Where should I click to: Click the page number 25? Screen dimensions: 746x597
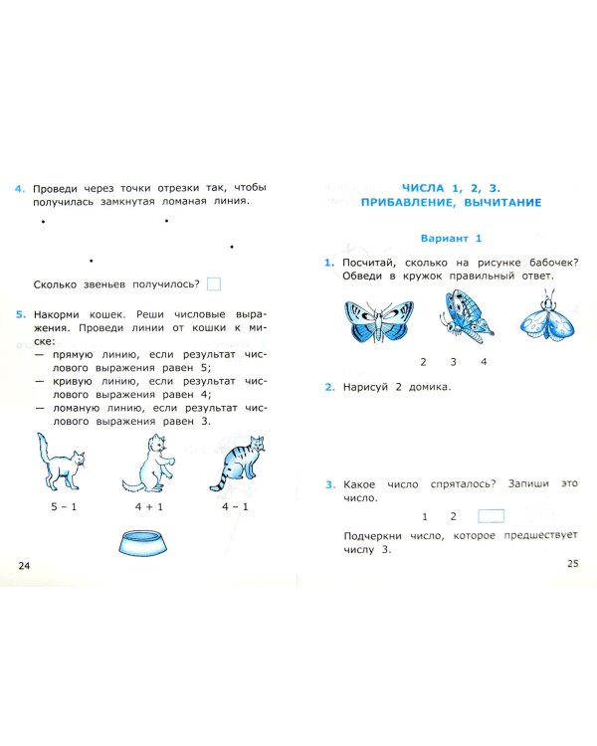click(x=571, y=563)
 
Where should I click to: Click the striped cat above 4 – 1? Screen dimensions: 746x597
click(x=238, y=464)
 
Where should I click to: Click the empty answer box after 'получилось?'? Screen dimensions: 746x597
click(x=214, y=283)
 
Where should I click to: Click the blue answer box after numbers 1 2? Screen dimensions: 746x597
click(x=491, y=516)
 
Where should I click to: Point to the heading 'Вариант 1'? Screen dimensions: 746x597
click(x=450, y=238)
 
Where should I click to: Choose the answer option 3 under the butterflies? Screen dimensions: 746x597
click(x=453, y=362)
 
